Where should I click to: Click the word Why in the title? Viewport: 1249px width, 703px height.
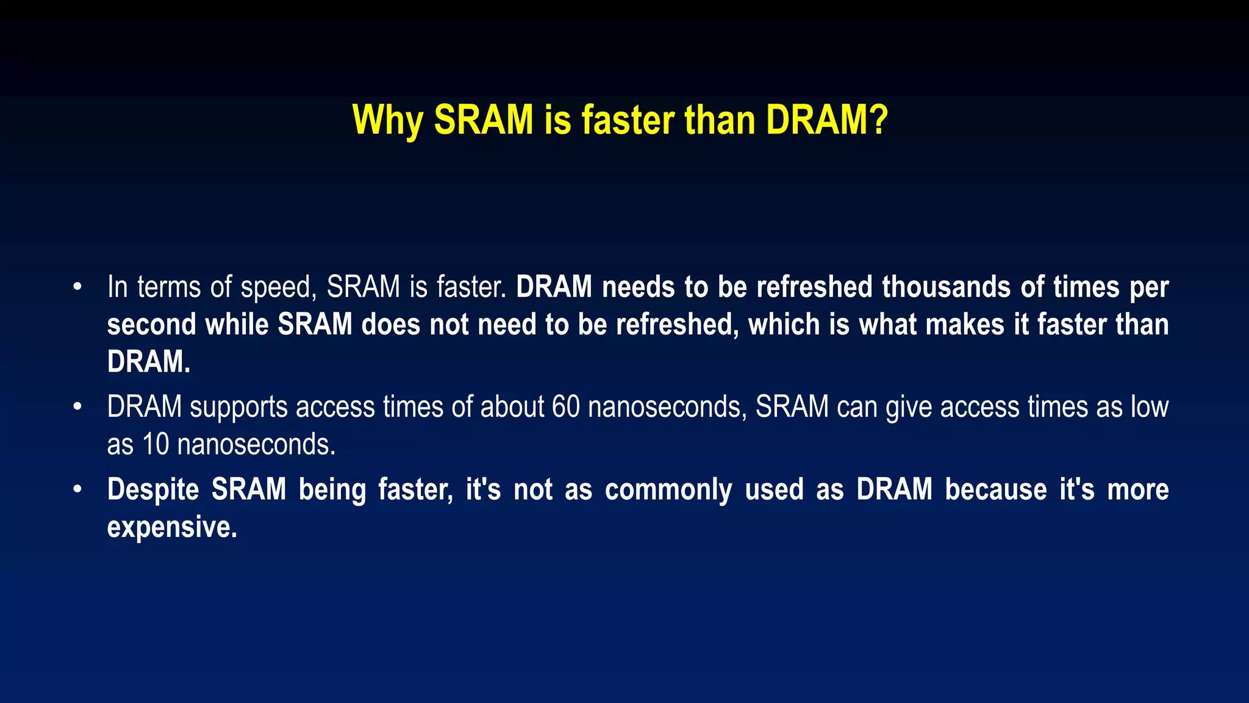[x=387, y=120]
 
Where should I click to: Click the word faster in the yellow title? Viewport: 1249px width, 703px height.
[x=627, y=120]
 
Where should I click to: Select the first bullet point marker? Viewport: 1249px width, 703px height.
[x=77, y=287]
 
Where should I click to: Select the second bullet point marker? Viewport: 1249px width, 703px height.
[x=77, y=406]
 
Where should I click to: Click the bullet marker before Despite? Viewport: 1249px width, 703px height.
[x=77, y=489]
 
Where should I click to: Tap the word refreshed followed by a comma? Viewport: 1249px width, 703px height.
[x=677, y=324]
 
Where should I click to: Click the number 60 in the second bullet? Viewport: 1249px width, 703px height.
[x=565, y=407]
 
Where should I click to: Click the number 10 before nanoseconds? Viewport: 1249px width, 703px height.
[x=156, y=444]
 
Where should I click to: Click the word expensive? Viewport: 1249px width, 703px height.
[x=171, y=527]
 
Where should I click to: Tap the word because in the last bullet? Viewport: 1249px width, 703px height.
[x=996, y=489]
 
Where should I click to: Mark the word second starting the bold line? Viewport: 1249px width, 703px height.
[x=151, y=324]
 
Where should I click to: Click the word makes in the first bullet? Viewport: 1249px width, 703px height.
[x=964, y=324]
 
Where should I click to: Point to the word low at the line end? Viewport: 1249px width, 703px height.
[x=1150, y=407]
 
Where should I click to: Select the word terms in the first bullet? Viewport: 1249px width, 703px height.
[x=168, y=287]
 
